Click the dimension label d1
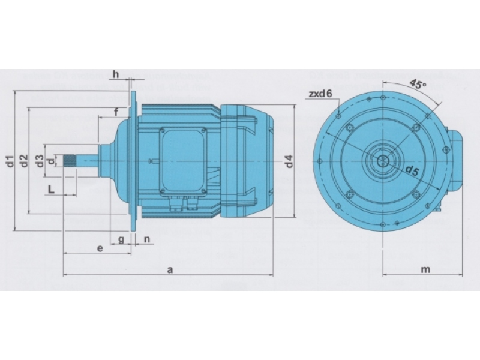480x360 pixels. (10, 161)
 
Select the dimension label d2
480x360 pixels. (24, 161)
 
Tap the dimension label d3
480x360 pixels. (40, 161)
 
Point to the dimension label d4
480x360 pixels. (289, 161)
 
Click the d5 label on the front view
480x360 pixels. (412, 171)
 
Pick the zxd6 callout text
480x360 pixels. (320, 94)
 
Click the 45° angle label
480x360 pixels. (417, 84)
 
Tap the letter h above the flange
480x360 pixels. (116, 74)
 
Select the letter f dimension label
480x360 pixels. (116, 112)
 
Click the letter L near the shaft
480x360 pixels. (51, 190)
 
